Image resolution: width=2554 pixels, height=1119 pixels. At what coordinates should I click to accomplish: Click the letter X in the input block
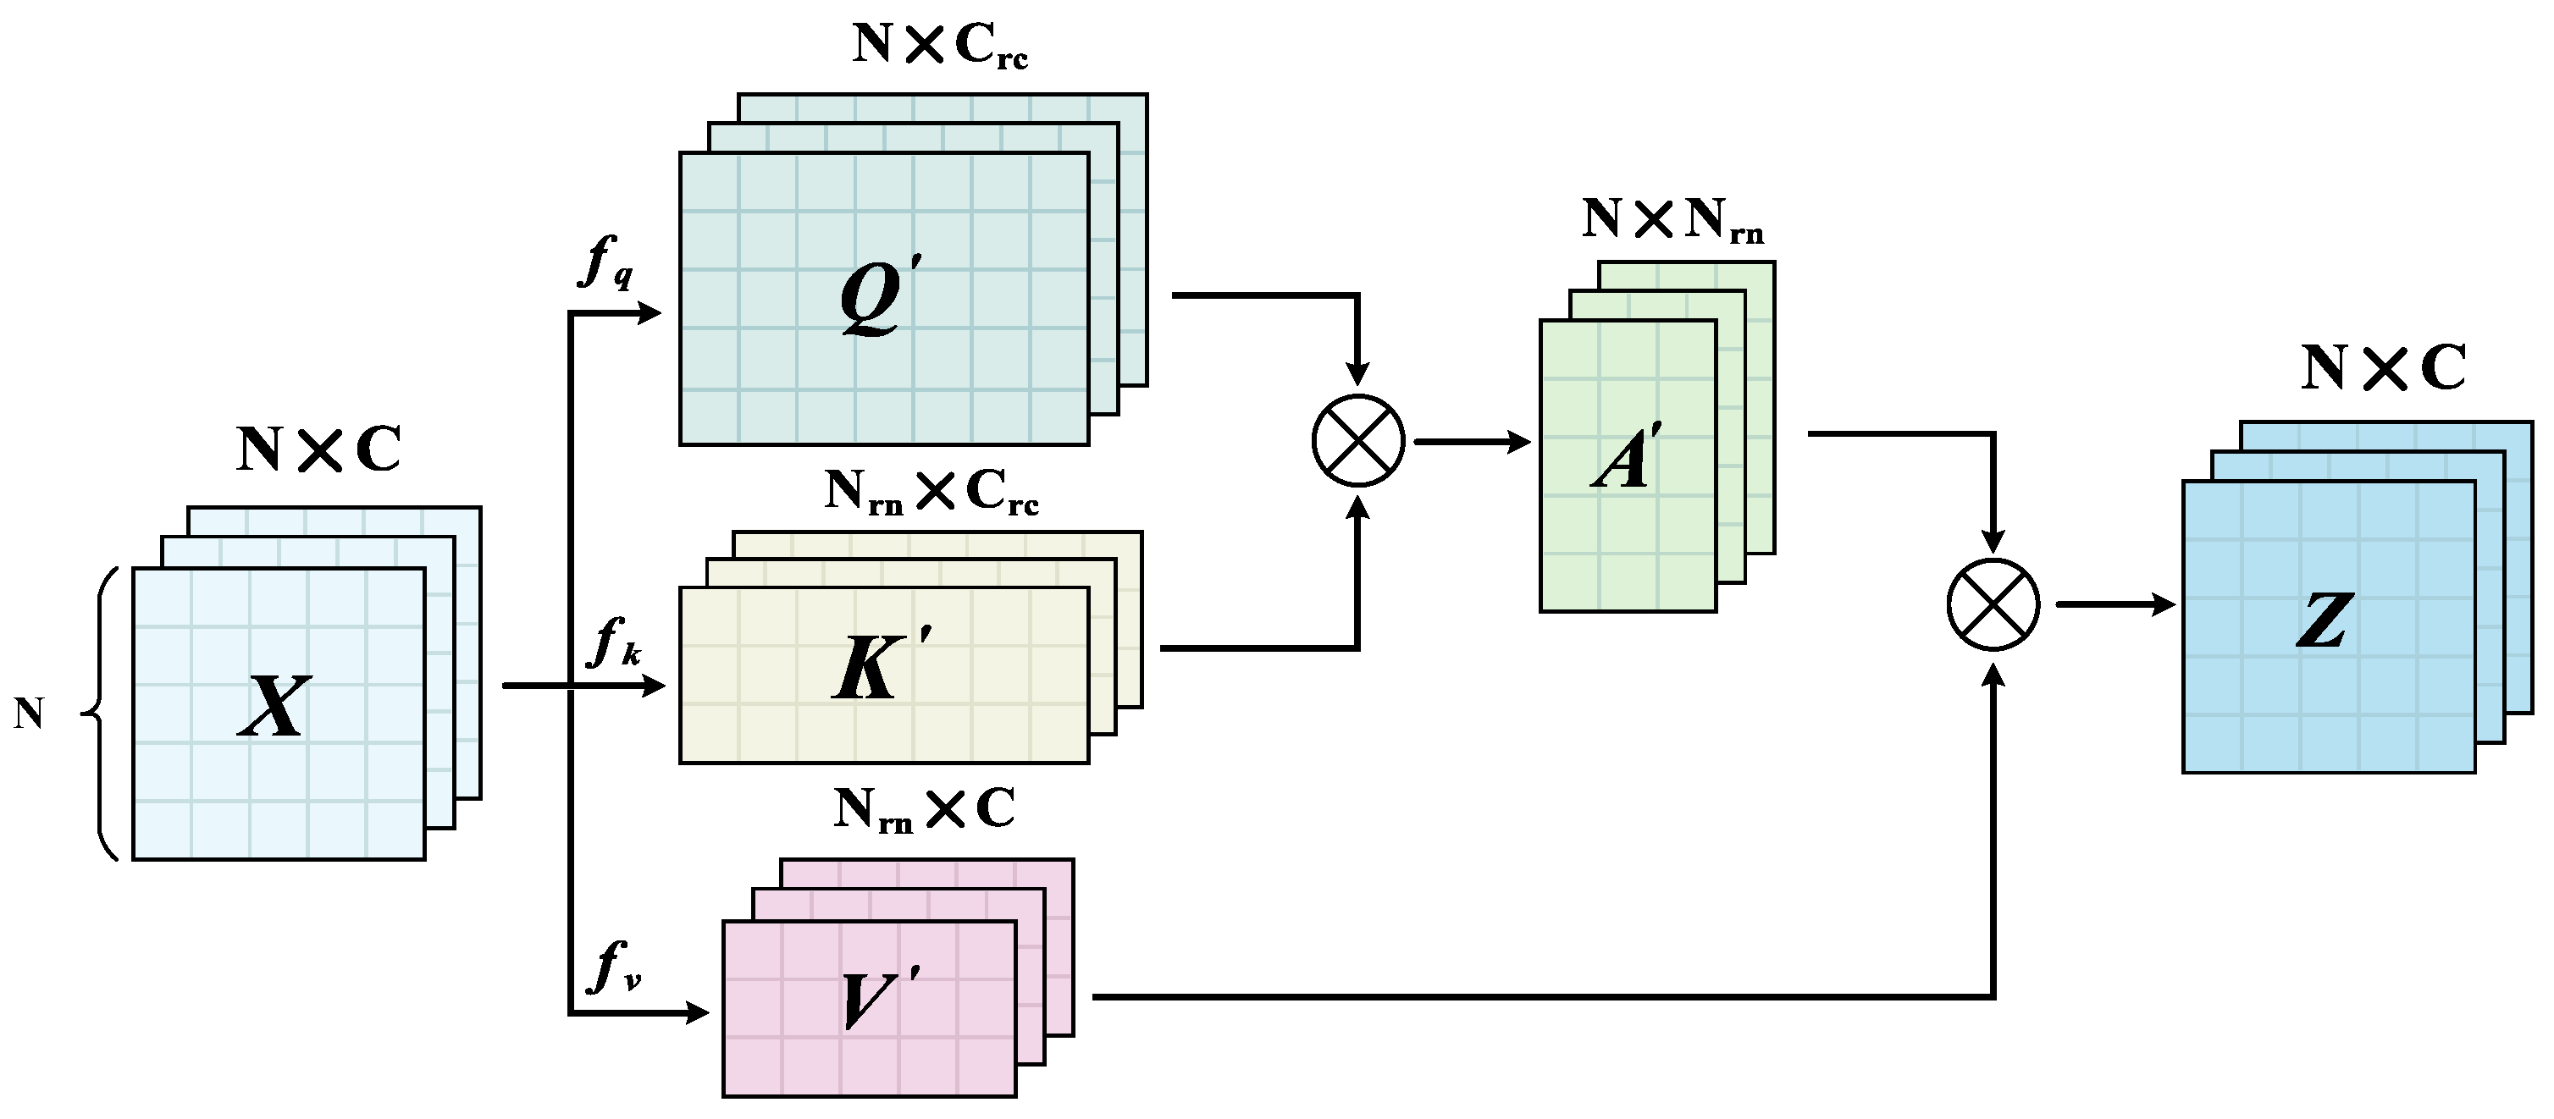pos(274,707)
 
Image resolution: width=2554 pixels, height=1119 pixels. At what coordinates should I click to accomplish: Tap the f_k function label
pos(613,643)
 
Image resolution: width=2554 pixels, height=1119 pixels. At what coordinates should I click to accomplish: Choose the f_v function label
pos(615,968)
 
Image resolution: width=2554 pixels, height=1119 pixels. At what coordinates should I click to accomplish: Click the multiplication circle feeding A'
pos(1358,441)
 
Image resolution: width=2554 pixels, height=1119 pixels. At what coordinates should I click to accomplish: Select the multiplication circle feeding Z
pos(1993,604)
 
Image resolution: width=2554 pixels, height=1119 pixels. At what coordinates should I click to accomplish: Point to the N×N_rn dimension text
pos(1673,220)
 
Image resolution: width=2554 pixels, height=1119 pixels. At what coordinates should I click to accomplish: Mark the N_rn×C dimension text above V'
pos(924,811)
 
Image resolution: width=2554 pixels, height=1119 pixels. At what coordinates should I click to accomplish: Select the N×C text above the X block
pos(319,451)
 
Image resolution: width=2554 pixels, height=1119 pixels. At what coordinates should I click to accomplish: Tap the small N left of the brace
pos(29,714)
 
